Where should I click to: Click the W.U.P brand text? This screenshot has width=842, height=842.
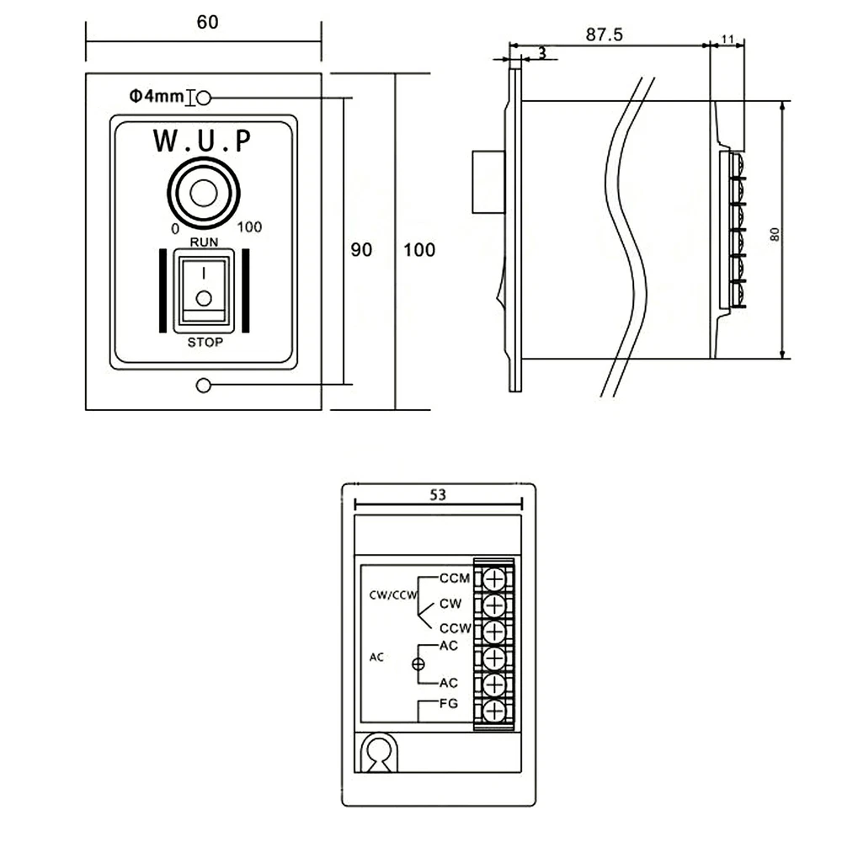pos(202,141)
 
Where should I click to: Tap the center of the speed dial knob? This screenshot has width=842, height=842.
pos(203,193)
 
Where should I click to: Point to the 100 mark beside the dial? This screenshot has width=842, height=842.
pos(249,227)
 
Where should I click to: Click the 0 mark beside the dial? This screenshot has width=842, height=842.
pos(174,228)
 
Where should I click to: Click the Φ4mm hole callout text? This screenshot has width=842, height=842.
pos(156,98)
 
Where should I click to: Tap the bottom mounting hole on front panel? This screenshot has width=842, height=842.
pos(202,386)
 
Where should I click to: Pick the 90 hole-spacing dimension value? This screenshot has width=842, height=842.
pos(361,250)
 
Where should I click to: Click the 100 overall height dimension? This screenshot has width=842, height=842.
pos(419,250)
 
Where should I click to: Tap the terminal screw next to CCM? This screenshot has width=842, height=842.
pos(493,578)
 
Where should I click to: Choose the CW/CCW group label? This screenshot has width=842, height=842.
pos(394,595)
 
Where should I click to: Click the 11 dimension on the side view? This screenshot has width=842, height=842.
pos(728,39)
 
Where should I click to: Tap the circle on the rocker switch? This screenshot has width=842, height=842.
pos(202,297)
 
